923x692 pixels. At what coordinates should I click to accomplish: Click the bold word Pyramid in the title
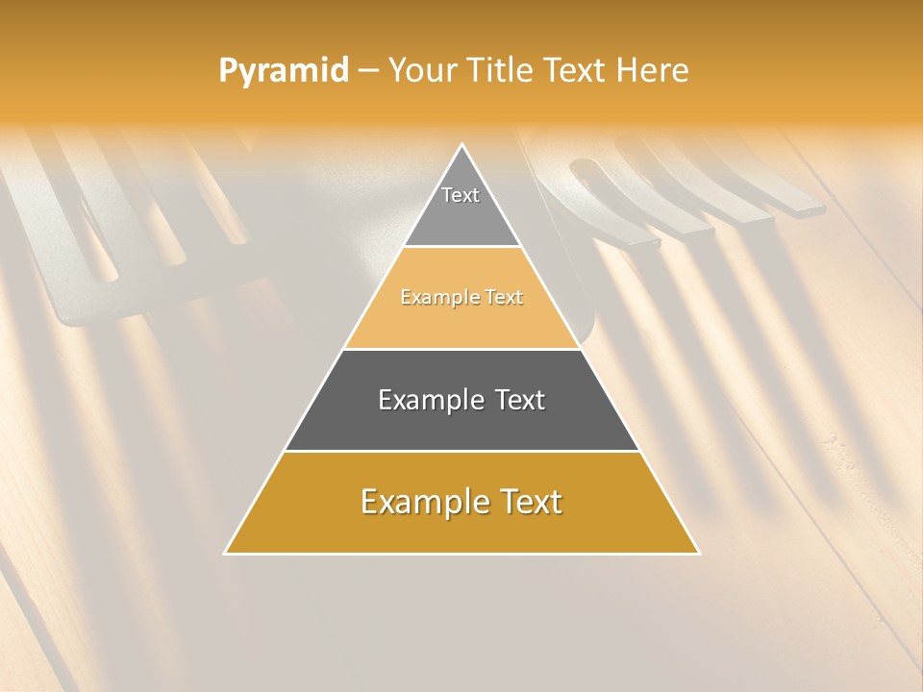(284, 71)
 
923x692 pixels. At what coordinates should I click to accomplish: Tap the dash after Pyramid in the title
(368, 71)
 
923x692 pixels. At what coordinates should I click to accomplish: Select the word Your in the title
(420, 71)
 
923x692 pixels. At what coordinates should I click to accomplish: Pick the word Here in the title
(657, 71)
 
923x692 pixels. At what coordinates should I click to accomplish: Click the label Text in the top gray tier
(461, 195)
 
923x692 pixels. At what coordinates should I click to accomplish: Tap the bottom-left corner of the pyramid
(226, 553)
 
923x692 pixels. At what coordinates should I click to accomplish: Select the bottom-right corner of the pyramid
(698, 553)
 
